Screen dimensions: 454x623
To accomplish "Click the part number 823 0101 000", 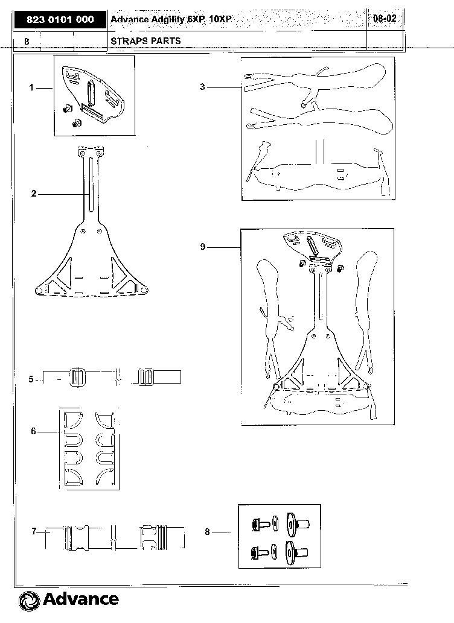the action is click(x=60, y=20).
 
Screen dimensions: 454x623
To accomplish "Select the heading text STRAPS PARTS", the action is click(x=145, y=41).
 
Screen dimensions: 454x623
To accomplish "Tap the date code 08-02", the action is click(x=385, y=18).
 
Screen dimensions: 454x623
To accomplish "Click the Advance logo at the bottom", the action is click(x=68, y=599).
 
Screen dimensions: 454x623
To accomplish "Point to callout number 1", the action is click(x=31, y=87).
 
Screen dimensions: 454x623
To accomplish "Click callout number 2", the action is click(x=34, y=194).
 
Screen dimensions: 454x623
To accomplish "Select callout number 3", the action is click(x=202, y=87).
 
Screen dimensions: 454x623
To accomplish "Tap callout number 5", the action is click(x=31, y=379).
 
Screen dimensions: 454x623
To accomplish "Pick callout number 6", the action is click(x=33, y=431).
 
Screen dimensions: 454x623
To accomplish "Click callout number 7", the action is click(x=34, y=531).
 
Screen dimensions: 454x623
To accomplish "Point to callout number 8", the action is click(x=207, y=532).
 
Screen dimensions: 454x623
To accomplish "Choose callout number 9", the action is click(x=203, y=247).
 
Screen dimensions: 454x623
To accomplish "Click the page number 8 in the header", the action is click(x=27, y=42).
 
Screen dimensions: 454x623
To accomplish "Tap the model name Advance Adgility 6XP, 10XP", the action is click(x=171, y=19).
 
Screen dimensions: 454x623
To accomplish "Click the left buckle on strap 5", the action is click(x=77, y=377).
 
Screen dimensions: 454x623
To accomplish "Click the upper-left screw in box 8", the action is click(x=261, y=525).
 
